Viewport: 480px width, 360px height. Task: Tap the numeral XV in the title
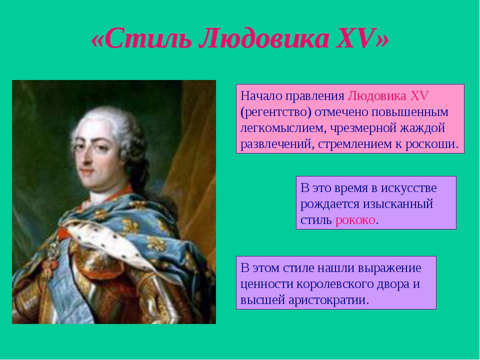click(x=359, y=39)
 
